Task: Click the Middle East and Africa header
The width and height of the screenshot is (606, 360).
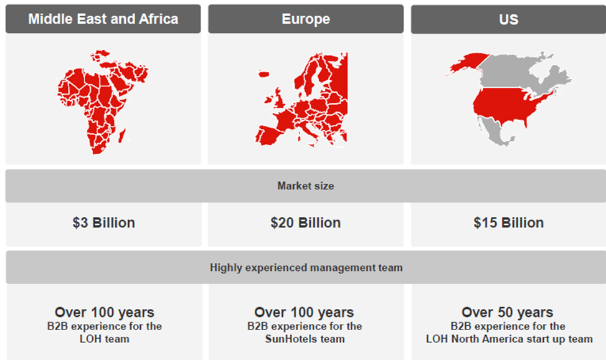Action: click(x=103, y=19)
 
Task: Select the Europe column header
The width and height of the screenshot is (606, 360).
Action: click(x=306, y=19)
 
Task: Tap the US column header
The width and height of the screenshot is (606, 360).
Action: click(x=508, y=19)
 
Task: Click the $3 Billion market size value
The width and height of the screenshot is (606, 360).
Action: click(x=103, y=223)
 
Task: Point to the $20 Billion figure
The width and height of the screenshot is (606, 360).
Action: click(x=306, y=223)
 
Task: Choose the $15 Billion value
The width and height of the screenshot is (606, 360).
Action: click(x=509, y=223)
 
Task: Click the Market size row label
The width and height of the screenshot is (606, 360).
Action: click(x=306, y=186)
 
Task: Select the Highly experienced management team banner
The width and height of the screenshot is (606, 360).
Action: click(x=306, y=268)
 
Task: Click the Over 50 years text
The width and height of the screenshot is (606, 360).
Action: click(x=508, y=312)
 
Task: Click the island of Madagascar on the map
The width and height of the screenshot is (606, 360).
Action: click(x=121, y=135)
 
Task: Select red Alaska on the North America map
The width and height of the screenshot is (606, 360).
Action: click(x=466, y=63)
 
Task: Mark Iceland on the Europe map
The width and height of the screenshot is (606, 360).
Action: click(x=263, y=73)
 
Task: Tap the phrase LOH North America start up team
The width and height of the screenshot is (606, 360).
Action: click(x=509, y=339)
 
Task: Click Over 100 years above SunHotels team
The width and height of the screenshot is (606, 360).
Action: click(x=304, y=312)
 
